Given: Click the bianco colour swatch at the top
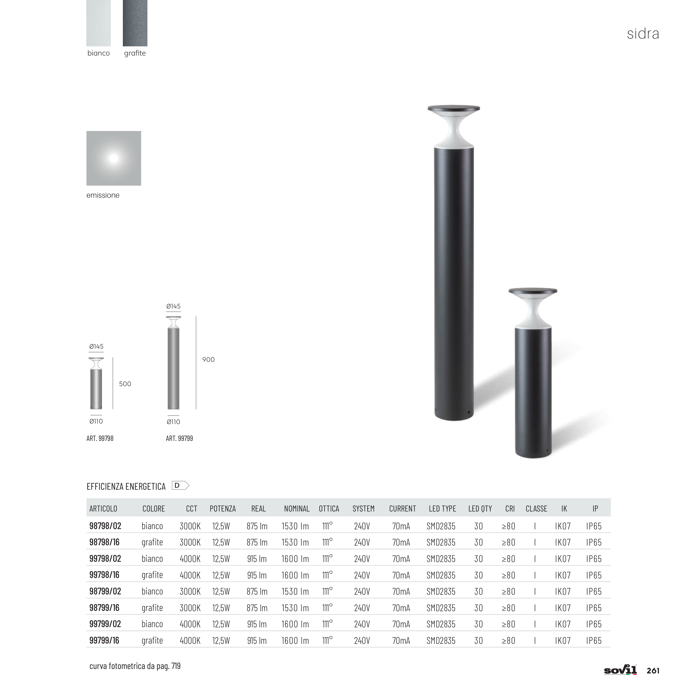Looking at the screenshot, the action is coord(99,23).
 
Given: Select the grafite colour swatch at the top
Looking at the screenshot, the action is coord(135,23).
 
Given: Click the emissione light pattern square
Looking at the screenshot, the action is coord(114,158).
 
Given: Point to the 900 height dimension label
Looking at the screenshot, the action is coord(209,360).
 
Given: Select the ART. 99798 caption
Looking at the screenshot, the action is coord(100,438).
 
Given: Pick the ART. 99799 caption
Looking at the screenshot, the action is coord(180,438).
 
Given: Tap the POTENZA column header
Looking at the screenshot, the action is coord(223,509).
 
